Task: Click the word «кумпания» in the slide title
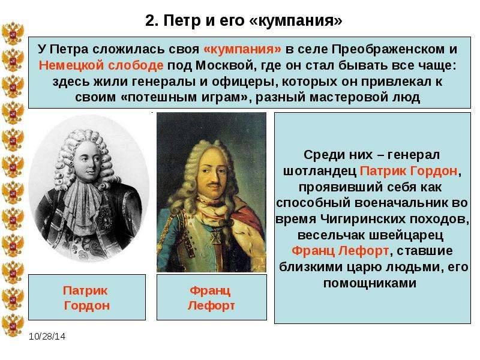tap(296, 20)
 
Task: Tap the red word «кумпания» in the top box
tap(242, 49)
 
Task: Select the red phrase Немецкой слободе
tap(101, 65)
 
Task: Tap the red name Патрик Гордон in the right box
tap(409, 171)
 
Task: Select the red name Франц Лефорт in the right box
tap(340, 251)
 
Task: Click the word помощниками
tap(370, 283)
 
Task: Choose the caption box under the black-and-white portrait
tap(87, 297)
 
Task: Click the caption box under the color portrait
tap(212, 297)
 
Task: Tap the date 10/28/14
tap(47, 337)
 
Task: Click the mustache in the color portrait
tap(212, 185)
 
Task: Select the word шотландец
tap(320, 171)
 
